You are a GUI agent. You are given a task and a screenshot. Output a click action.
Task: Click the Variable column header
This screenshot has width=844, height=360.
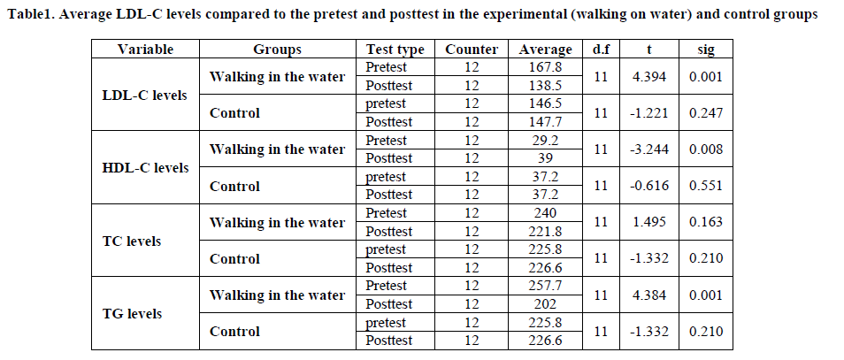pyautogui.click(x=145, y=50)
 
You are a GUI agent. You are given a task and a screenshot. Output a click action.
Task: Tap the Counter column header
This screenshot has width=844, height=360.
pyautogui.click(x=472, y=50)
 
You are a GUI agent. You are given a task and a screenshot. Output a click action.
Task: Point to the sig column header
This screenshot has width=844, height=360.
pyautogui.click(x=705, y=50)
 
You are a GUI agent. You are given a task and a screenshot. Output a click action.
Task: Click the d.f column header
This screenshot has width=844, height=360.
pyautogui.click(x=601, y=50)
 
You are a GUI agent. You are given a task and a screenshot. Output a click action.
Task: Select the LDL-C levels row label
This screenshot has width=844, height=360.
pyautogui.click(x=145, y=95)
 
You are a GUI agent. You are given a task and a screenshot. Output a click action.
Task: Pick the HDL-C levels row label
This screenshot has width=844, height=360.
pyautogui.click(x=146, y=167)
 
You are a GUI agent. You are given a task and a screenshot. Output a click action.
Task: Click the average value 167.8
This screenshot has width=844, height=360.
pyautogui.click(x=546, y=67)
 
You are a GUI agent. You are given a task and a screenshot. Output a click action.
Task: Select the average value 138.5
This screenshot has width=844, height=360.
pyautogui.click(x=546, y=86)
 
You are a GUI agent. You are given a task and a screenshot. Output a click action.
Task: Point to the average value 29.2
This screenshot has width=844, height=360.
pyautogui.click(x=546, y=140)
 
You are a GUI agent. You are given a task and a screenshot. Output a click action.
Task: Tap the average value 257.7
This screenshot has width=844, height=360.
pyautogui.click(x=546, y=286)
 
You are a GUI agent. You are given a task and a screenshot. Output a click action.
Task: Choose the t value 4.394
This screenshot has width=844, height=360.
pyautogui.click(x=648, y=77)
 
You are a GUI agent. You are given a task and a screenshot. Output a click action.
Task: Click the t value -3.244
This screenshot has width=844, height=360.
pyautogui.click(x=648, y=149)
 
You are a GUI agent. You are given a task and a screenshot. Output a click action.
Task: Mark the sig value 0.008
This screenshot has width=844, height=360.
pyautogui.click(x=706, y=149)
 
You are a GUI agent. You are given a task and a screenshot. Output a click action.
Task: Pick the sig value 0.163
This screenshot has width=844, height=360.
pyautogui.click(x=706, y=222)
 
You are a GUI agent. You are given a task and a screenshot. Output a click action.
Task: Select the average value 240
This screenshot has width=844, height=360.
pyautogui.click(x=546, y=213)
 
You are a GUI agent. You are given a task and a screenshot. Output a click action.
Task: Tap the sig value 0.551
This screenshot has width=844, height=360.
pyautogui.click(x=706, y=186)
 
